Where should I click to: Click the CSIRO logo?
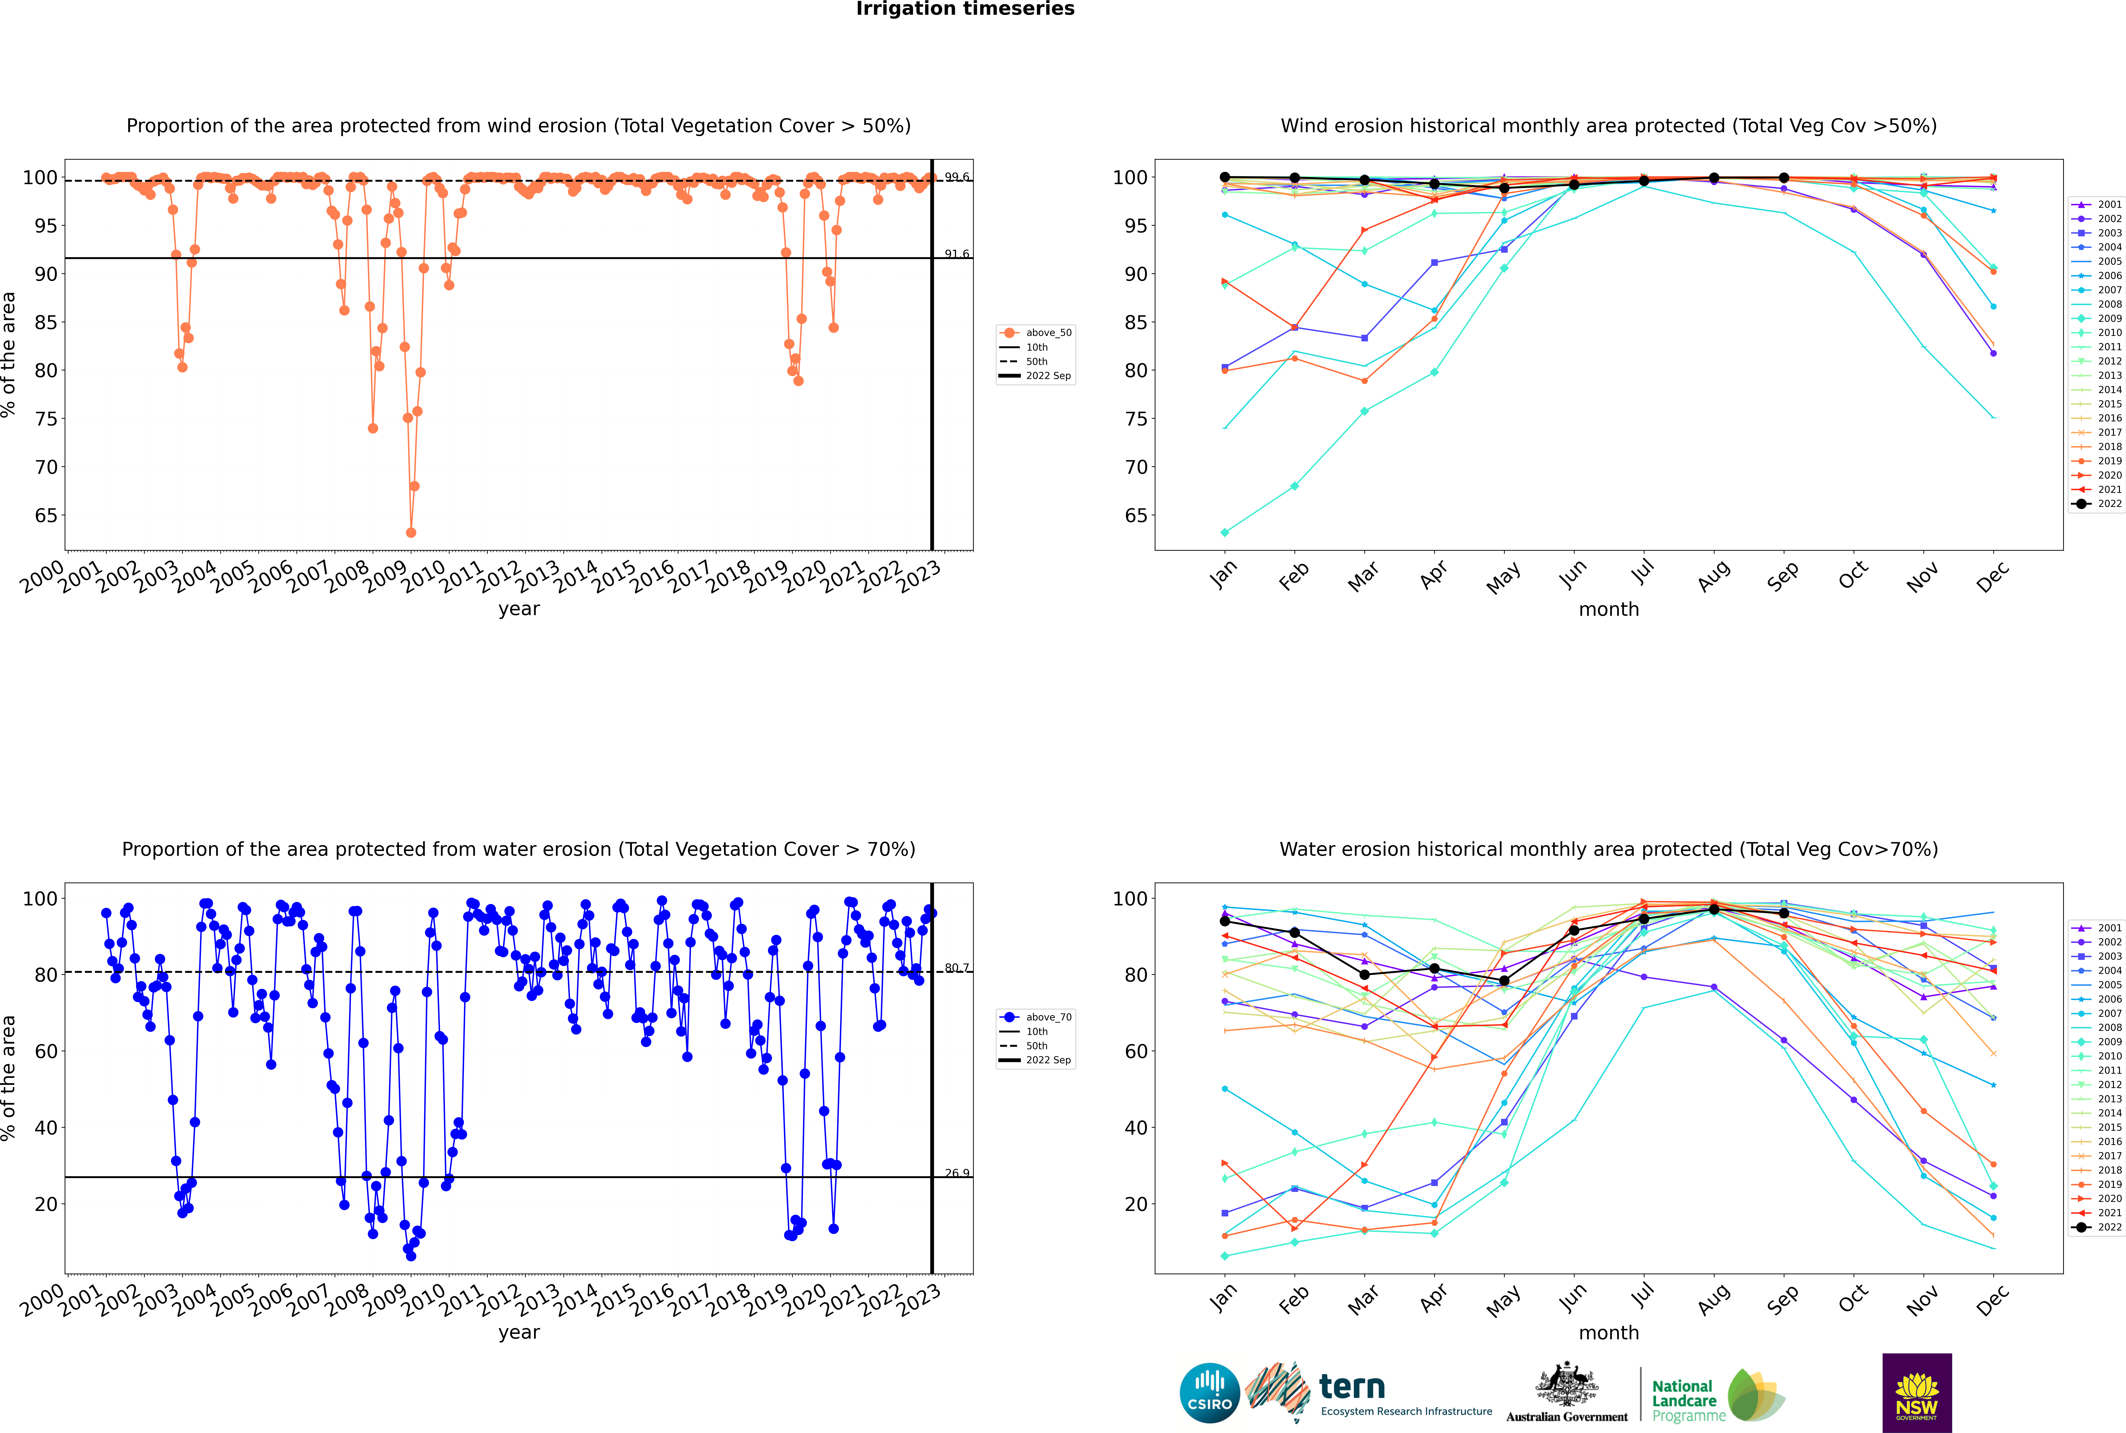pyautogui.click(x=1209, y=1393)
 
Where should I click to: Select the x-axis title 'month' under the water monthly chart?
pyautogui.click(x=1609, y=1333)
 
